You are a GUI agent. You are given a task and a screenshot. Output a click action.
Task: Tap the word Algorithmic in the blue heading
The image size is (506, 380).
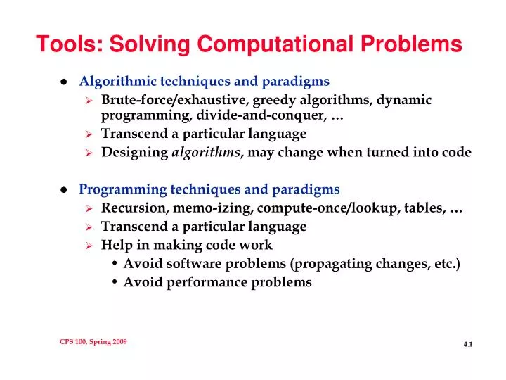pos(115,81)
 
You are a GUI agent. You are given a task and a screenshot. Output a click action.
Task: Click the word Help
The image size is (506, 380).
pos(116,246)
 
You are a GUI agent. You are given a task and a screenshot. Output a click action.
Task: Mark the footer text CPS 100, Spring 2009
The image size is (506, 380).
pos(93,341)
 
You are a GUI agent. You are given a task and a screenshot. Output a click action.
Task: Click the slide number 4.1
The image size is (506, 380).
pos(468,344)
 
